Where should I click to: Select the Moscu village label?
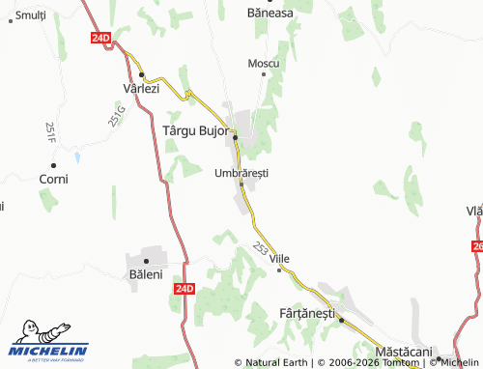click(x=263, y=63)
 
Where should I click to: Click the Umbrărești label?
click(x=241, y=172)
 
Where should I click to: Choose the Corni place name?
click(x=52, y=179)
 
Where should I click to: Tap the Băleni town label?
click(x=146, y=274)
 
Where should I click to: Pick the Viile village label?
click(x=280, y=259)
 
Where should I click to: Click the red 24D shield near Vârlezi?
click(x=102, y=37)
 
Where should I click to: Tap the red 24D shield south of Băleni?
click(x=186, y=288)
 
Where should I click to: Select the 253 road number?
click(x=261, y=248)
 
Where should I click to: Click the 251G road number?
click(x=116, y=116)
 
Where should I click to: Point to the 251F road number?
click(x=49, y=132)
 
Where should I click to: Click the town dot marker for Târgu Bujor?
click(x=235, y=137)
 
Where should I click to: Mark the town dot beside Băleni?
click(x=146, y=261)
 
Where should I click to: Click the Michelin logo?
click(x=48, y=341)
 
